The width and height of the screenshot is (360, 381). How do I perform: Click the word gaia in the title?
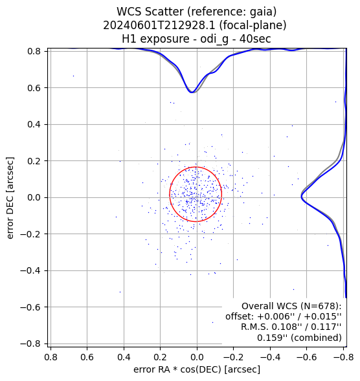coord(262,12)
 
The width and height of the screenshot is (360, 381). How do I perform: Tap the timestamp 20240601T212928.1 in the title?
coord(159,25)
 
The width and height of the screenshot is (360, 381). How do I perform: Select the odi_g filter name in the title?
coord(214,39)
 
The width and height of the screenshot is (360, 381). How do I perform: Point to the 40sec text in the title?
coord(255,39)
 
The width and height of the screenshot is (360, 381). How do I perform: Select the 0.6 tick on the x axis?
coord(87,358)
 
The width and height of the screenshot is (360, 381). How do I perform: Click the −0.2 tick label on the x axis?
coord(233,358)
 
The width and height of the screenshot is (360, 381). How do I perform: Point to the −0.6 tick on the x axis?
coord(306,358)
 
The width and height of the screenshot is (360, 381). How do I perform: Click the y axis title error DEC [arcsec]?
coord(10,198)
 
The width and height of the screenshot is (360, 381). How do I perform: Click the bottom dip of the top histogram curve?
coord(192,93)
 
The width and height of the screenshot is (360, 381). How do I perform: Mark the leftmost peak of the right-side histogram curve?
coord(301,197)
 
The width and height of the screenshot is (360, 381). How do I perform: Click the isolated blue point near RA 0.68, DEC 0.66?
coord(73,76)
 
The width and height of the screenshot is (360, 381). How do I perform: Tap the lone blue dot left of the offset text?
coord(212,322)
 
